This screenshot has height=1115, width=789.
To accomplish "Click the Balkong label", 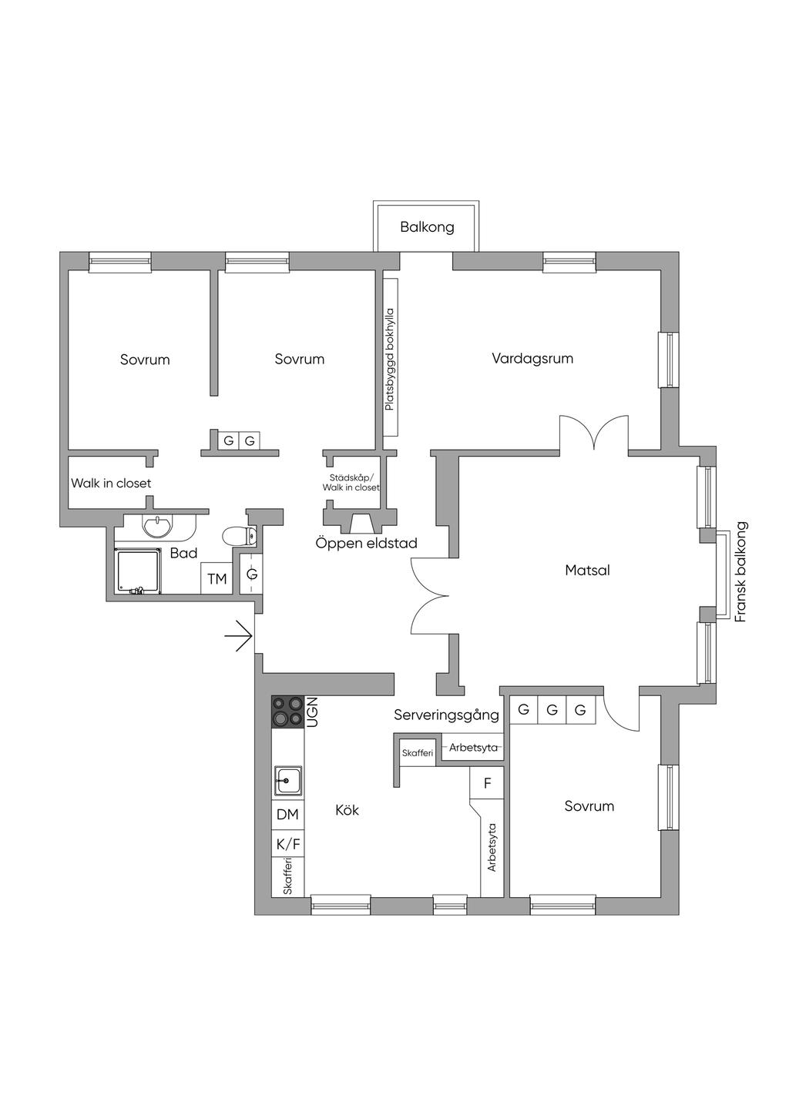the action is (427, 227).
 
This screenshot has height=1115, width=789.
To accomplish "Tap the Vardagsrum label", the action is (532, 358).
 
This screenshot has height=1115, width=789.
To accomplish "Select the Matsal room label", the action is (587, 570).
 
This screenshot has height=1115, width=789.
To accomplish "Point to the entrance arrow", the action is (239, 636).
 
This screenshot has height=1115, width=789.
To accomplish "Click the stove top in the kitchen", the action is (287, 712).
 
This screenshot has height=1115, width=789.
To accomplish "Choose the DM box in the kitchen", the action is (287, 815).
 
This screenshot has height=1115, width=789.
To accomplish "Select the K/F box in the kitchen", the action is (287, 844).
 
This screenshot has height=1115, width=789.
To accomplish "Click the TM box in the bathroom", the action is (217, 578).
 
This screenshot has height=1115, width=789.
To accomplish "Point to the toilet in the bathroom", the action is (239, 536).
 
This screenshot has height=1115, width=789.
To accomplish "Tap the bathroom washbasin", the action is (157, 526).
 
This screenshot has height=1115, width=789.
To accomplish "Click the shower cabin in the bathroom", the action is (139, 571).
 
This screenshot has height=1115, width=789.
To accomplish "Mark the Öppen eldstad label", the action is (366, 543).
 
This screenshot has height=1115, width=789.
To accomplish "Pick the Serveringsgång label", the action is (446, 715).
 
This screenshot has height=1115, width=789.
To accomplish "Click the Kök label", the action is (347, 810).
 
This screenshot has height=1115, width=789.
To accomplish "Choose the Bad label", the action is (184, 553).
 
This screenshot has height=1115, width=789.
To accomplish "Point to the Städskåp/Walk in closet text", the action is (351, 482).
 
